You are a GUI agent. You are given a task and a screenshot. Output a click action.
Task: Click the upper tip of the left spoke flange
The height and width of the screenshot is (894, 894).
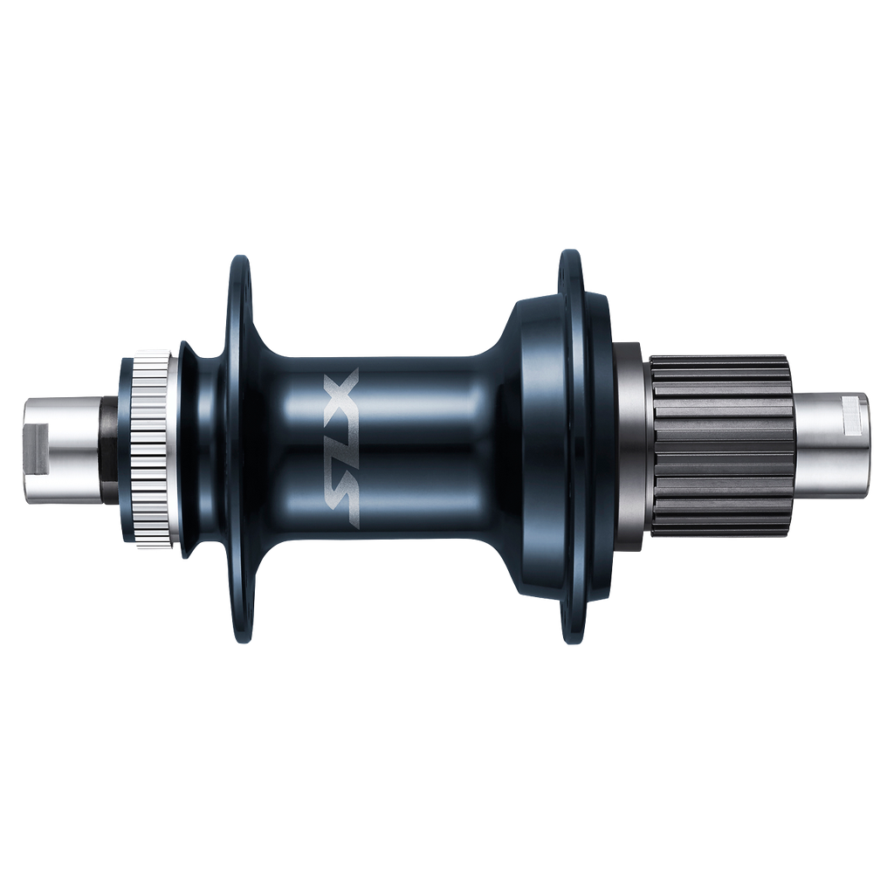point(238,261)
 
